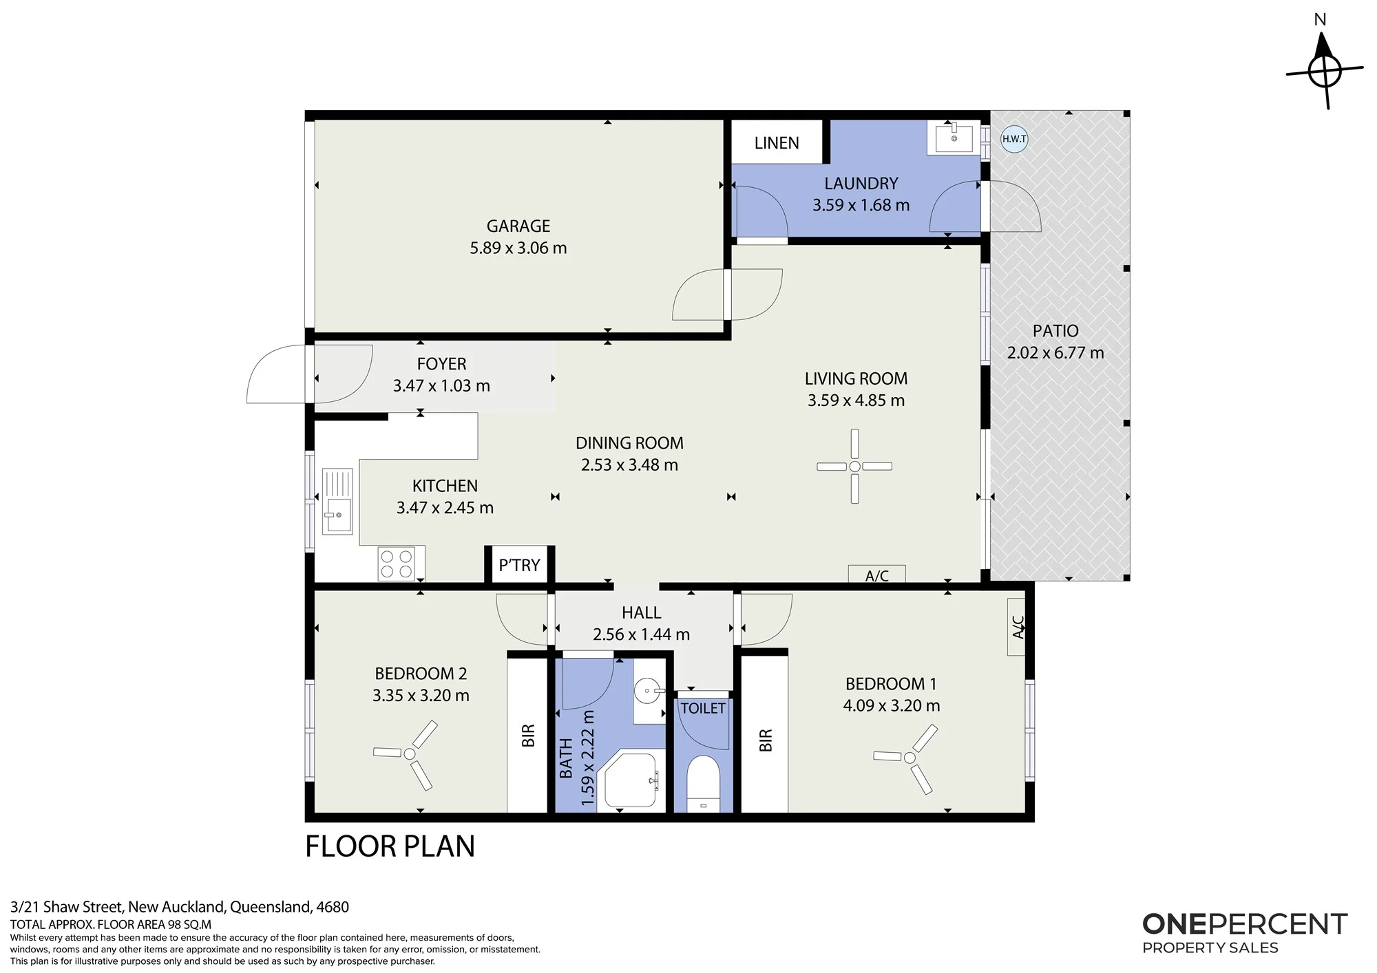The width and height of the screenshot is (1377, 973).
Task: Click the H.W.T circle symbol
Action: click(1014, 139)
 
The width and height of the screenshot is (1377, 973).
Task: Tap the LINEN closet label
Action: click(777, 143)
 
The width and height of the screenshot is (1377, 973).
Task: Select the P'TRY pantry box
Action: click(520, 565)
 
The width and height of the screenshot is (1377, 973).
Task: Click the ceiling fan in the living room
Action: click(854, 467)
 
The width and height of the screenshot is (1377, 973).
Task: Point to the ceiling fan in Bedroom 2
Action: click(410, 754)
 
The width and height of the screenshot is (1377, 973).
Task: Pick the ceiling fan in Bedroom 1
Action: click(910, 758)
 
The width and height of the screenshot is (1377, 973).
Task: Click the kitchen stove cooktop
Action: click(397, 564)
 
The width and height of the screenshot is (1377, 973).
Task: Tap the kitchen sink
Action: click(337, 501)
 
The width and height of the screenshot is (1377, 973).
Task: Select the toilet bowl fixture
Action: click(703, 784)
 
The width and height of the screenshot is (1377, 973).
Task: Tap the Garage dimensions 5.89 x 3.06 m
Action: click(518, 248)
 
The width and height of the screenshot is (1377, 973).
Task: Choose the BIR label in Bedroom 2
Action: click(528, 736)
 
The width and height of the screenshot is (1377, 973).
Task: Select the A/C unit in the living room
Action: click(876, 574)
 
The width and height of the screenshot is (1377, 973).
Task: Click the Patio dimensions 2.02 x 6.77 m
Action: click(1055, 353)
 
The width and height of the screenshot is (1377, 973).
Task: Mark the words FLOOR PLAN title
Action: click(390, 846)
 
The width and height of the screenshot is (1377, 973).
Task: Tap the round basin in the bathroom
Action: click(647, 689)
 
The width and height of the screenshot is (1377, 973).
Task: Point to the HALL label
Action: click(641, 612)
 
